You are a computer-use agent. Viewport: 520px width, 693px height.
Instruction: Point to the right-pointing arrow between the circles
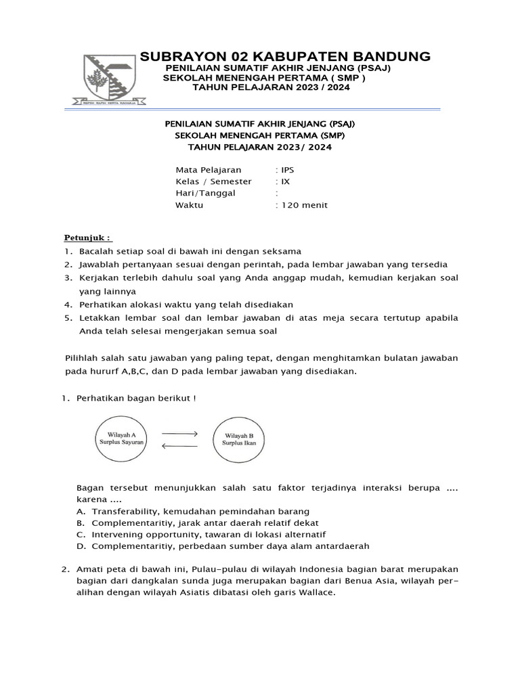click(x=179, y=433)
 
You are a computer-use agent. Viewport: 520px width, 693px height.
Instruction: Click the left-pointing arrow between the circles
click(x=179, y=445)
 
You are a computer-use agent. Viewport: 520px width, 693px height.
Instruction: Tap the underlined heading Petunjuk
click(x=88, y=238)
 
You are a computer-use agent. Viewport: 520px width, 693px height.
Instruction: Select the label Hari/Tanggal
click(x=205, y=193)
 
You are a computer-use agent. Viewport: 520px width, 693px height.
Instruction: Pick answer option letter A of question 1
click(x=81, y=511)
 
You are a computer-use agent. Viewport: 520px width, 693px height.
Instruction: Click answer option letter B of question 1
click(x=81, y=522)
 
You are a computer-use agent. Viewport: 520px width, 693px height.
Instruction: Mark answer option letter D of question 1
click(x=81, y=545)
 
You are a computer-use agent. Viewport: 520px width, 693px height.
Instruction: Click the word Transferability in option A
click(x=125, y=511)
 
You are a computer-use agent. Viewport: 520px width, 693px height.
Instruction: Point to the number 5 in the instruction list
click(x=68, y=318)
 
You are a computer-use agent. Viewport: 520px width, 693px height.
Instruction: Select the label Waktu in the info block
click(x=189, y=205)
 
